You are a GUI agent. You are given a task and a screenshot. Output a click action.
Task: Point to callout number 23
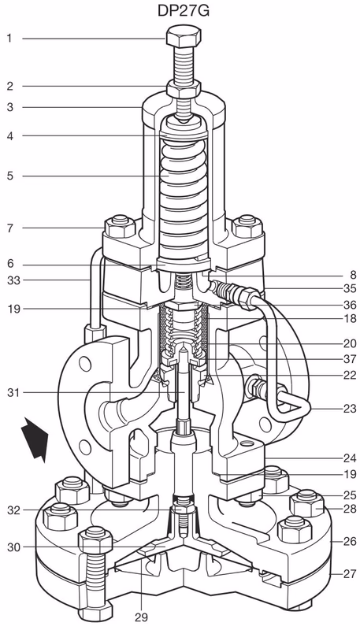(349, 409)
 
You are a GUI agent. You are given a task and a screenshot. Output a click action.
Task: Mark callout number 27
(349, 574)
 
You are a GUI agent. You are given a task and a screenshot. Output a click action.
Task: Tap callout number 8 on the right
(352, 275)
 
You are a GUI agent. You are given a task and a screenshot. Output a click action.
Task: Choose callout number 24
(349, 456)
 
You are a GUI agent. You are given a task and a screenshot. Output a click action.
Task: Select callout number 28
(349, 510)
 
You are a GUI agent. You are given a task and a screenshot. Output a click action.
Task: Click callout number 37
(349, 360)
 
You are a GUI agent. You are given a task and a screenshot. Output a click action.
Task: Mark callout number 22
(349, 376)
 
